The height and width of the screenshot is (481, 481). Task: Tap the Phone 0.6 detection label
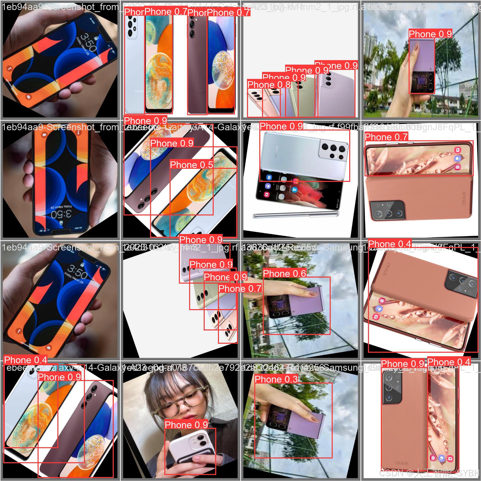(284, 274)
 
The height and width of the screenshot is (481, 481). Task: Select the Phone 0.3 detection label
(276, 379)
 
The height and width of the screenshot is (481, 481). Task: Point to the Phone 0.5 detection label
(191, 165)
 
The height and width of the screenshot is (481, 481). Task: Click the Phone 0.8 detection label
(269, 85)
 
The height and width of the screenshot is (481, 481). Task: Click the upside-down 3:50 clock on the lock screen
(61, 214)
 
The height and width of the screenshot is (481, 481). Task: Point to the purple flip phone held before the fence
(422, 66)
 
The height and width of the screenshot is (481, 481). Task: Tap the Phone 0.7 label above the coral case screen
(386, 137)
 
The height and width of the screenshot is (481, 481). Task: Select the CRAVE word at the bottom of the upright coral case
(402, 463)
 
